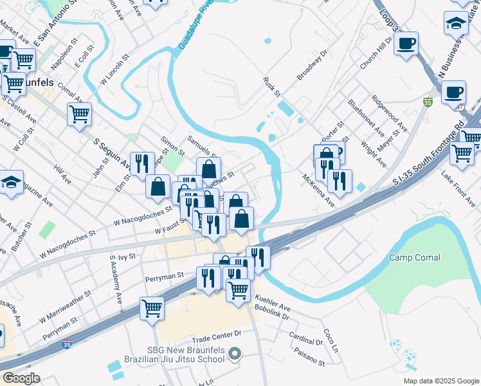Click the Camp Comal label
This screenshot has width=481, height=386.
coord(415,257)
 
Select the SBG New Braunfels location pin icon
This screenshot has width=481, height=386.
coord(235,354)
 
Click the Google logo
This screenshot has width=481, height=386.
coord(21,378)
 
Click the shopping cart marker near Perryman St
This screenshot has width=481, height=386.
coord(152,308)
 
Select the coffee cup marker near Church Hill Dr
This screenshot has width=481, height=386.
coord(406,44)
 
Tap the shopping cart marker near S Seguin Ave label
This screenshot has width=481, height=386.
coord(80,115)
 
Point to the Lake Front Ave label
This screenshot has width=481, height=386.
coord(458,187)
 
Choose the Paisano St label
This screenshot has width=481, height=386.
coord(307,358)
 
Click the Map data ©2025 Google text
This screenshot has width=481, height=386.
coord(440,380)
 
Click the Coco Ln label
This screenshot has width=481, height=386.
coord(331,336)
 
